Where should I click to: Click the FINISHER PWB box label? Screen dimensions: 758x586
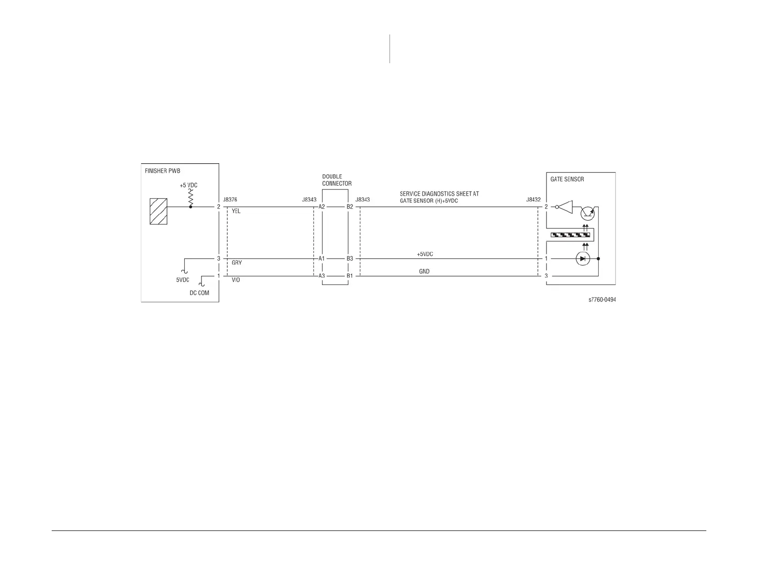point(163,171)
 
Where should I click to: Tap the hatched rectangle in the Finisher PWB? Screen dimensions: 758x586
point(158,211)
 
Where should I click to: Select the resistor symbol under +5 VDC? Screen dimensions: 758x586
point(190,197)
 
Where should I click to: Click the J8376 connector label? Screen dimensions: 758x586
point(230,199)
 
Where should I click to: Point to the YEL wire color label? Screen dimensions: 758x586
point(236,211)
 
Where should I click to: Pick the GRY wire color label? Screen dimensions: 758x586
point(236,263)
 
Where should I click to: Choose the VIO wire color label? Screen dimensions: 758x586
point(236,280)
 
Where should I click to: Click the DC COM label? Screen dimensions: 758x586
point(199,293)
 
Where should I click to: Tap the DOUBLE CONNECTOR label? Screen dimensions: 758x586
point(336,180)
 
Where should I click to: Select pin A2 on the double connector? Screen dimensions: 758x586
point(322,207)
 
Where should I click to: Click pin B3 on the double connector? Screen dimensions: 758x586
point(350,259)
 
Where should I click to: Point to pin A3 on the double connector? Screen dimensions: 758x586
point(322,276)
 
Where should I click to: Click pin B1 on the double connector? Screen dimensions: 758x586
point(350,276)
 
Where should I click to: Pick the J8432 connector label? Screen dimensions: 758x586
point(533,199)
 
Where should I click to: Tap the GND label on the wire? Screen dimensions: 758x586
point(424,271)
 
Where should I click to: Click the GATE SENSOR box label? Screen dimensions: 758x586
point(567,179)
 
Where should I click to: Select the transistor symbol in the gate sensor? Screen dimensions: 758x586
point(587,213)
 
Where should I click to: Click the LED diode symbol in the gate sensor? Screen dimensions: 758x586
point(583,259)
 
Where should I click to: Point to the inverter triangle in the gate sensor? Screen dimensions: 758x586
point(566,207)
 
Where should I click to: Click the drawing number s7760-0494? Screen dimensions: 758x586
point(602,300)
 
